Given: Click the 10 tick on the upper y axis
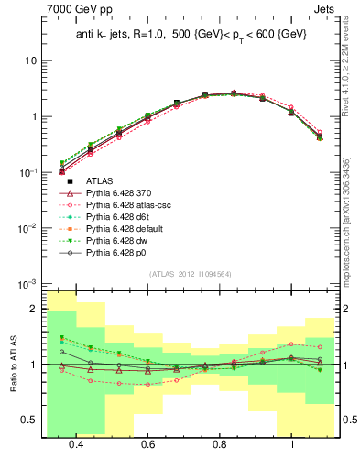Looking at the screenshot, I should pyautogui.click(x=29, y=60).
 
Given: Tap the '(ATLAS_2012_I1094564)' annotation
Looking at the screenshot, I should pyautogui.click(x=190, y=274).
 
